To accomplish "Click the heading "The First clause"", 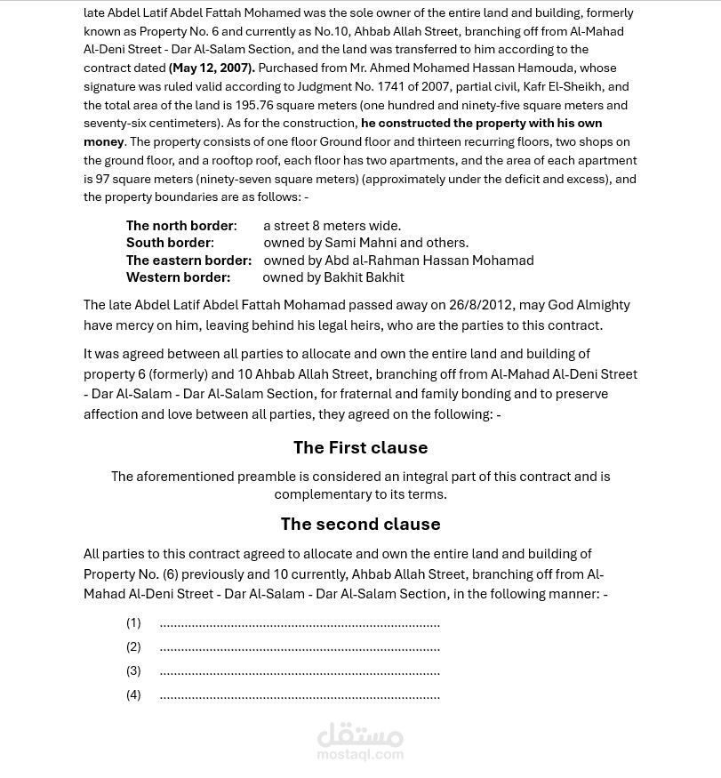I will tap(360, 447).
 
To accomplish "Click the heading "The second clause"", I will tap(360, 524).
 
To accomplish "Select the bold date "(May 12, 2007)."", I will tap(212, 68).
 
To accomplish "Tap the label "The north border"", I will tap(180, 226).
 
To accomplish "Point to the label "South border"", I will tap(168, 243).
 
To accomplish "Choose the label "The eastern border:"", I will tap(188, 261).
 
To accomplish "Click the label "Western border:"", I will tap(178, 277).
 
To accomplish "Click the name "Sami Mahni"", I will tap(360, 243).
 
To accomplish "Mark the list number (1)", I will tap(133, 622).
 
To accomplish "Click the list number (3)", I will tap(133, 670).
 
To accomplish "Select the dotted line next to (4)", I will tap(300, 695).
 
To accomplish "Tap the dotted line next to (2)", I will tap(300, 647).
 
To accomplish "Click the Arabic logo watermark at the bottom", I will tap(360, 735).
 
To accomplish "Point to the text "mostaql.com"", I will tap(360, 755).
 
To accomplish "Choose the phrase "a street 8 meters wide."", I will tap(332, 226).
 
